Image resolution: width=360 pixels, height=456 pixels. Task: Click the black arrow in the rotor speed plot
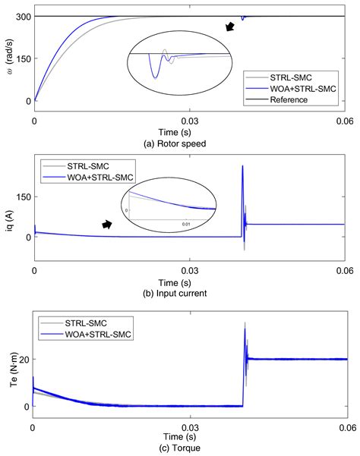coord(231,28)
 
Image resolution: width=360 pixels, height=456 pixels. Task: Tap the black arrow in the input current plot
coord(108,225)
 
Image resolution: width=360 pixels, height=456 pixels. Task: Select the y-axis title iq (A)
coord(8,205)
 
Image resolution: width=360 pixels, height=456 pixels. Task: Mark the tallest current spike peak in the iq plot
coord(242,165)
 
